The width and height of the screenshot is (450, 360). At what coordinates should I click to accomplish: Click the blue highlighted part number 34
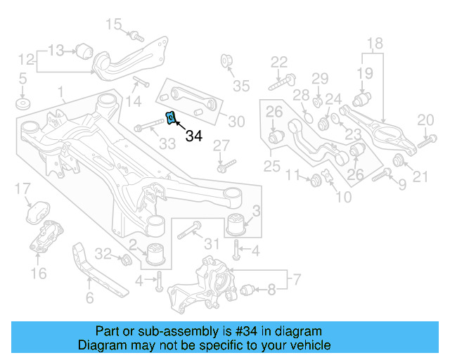(169, 119)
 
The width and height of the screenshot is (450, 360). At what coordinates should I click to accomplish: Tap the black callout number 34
(193, 136)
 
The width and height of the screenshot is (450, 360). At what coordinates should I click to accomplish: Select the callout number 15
(113, 25)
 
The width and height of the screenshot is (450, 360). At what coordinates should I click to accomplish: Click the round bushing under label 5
(22, 105)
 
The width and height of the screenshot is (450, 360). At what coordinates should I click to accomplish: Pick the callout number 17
(22, 188)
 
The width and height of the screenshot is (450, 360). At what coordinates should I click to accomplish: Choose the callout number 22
(279, 62)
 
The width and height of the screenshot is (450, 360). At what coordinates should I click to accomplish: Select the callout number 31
(212, 243)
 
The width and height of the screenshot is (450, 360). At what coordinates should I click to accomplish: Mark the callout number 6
(89, 297)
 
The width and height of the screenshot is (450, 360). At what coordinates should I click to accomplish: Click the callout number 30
(236, 122)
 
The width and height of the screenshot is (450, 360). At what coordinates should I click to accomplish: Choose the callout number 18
(375, 43)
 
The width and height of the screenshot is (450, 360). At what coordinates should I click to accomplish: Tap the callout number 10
(344, 198)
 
